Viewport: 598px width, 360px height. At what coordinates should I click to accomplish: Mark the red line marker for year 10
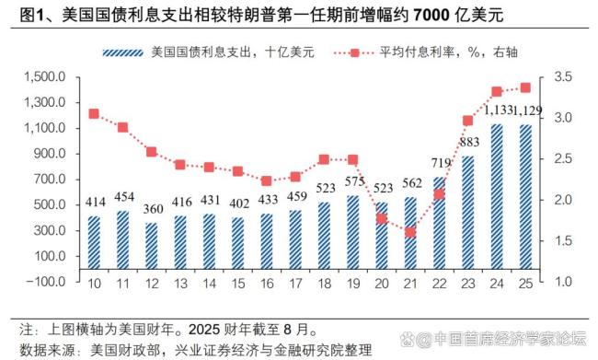point(94,114)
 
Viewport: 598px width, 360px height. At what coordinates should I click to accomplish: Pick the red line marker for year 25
point(525,88)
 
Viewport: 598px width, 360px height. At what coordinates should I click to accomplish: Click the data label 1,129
point(526,110)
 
